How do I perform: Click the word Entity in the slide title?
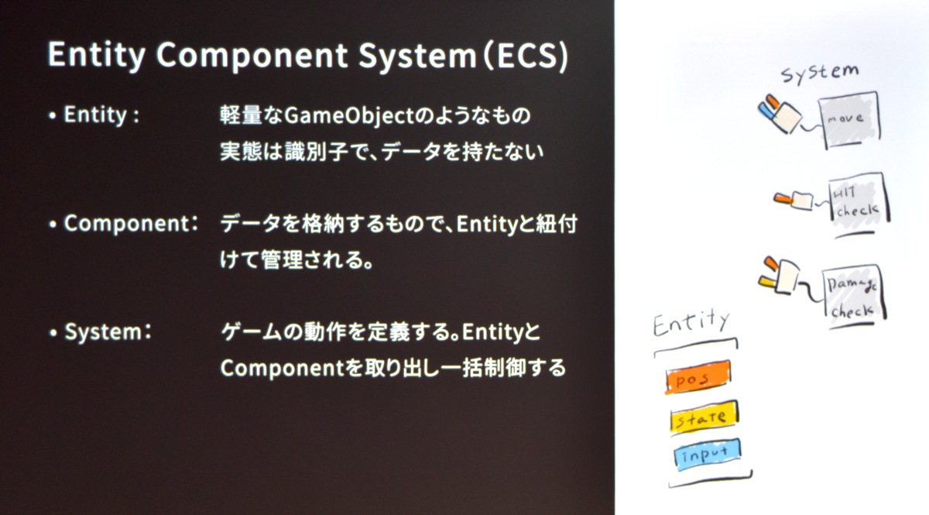point(96,55)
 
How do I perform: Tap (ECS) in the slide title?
point(526,55)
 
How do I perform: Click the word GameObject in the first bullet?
point(349,115)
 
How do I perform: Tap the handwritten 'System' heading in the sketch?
point(820,74)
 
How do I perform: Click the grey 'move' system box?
point(849,119)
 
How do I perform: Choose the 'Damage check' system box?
point(853,294)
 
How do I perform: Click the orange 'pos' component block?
point(698,377)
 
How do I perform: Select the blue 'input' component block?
point(708,454)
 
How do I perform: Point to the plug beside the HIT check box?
point(793,201)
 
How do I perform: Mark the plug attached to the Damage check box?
point(779,275)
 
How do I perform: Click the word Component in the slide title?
point(252,55)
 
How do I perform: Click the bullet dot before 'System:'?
point(53,333)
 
